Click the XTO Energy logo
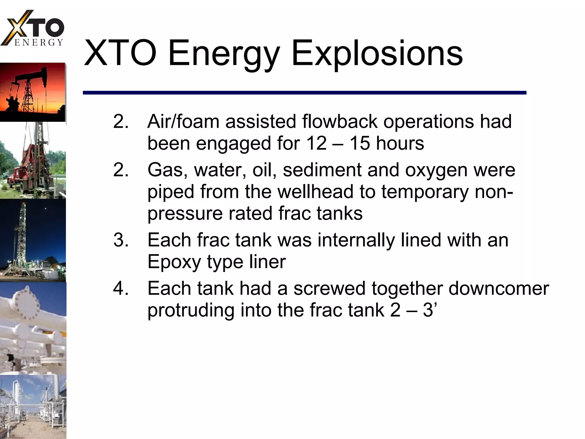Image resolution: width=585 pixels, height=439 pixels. coord(33,29)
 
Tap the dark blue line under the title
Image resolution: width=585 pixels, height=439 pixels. coord(304,93)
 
